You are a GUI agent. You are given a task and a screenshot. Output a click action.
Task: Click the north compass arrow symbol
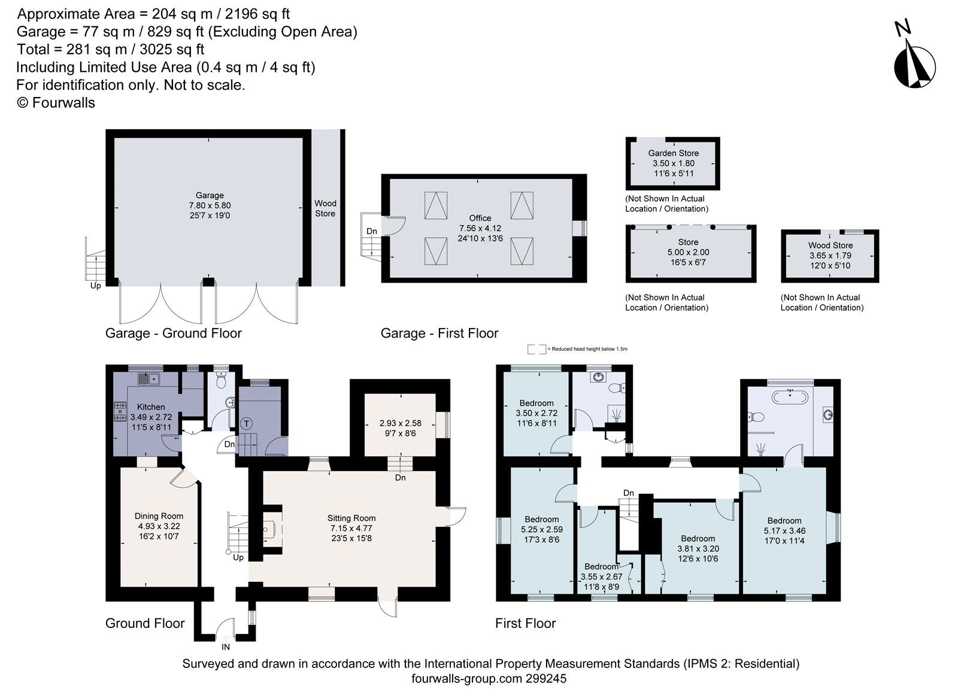tap(914, 62)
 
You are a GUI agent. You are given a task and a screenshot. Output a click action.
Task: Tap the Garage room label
tap(210, 195)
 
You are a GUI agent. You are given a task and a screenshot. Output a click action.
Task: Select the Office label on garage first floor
tap(480, 218)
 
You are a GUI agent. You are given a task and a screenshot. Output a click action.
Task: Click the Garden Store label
tap(673, 153)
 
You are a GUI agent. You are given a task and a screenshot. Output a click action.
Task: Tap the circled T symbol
tap(246, 424)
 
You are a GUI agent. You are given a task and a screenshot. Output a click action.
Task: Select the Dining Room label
tap(159, 516)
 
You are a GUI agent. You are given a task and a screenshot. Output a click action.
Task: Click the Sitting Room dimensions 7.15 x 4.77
tap(351, 529)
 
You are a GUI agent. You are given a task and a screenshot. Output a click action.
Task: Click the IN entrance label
tap(226, 647)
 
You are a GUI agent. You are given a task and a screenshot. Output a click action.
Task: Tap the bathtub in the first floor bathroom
tap(790, 396)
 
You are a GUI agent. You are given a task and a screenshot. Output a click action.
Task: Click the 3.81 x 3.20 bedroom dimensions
tap(698, 548)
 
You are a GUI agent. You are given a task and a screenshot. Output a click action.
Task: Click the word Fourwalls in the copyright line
tap(63, 103)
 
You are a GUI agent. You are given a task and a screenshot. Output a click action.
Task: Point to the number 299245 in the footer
tap(546, 679)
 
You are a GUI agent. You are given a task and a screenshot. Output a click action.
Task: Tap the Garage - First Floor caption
tap(439, 333)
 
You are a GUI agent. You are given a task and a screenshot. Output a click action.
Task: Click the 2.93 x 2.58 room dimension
tap(400, 423)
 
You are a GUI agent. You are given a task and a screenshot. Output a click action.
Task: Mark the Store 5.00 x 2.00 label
tap(688, 252)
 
